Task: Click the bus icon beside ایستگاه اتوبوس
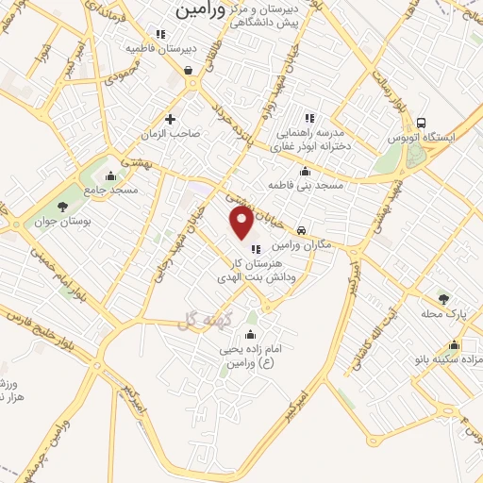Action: tap(421, 123)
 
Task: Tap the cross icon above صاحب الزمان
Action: tap(171, 119)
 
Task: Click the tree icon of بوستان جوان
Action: tap(63, 206)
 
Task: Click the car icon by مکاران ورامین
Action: tap(300, 230)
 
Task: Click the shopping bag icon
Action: tap(190, 70)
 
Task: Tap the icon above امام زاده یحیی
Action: tap(250, 335)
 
